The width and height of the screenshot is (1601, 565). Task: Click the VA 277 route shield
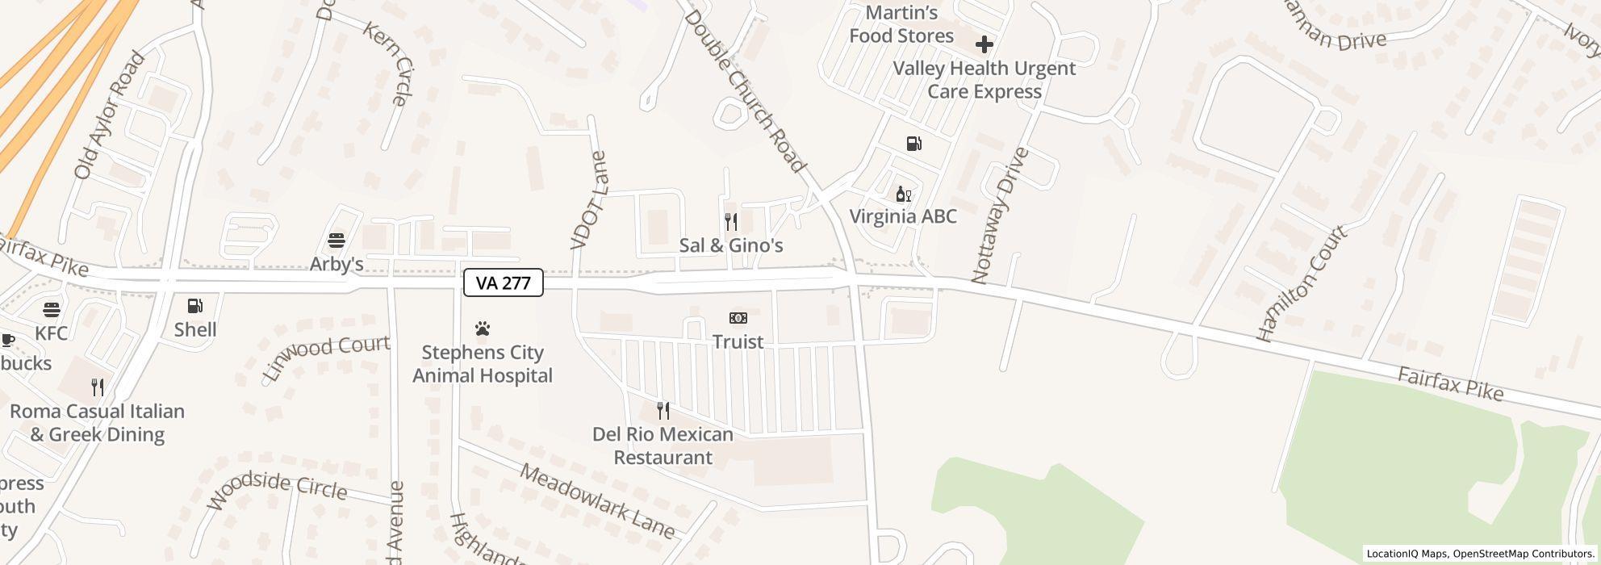pos(503,282)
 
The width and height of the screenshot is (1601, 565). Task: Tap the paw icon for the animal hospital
pos(483,329)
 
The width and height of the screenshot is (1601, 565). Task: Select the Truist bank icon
pos(738,318)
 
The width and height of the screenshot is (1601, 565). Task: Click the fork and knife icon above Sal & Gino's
pos(731,221)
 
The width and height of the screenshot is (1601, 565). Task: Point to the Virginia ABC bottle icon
pos(904,194)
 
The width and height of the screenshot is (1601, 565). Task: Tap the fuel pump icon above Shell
pos(195,306)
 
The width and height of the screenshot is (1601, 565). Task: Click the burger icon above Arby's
pos(337,241)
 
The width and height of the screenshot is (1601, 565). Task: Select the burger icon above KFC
pos(52,310)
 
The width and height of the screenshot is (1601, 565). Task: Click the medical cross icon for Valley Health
pos(984,44)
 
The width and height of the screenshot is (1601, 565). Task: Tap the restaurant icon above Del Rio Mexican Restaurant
pos(663,411)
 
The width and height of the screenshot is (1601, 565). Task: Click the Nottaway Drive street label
pos(1001,216)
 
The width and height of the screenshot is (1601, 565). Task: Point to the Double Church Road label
pos(746,91)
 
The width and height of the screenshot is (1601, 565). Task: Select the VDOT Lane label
pos(588,201)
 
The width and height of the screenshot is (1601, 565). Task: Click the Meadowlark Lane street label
pos(597,500)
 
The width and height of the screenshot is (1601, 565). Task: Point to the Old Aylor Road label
pos(109,115)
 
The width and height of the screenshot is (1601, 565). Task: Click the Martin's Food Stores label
pos(901,24)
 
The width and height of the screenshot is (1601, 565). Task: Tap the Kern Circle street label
pos(389,64)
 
